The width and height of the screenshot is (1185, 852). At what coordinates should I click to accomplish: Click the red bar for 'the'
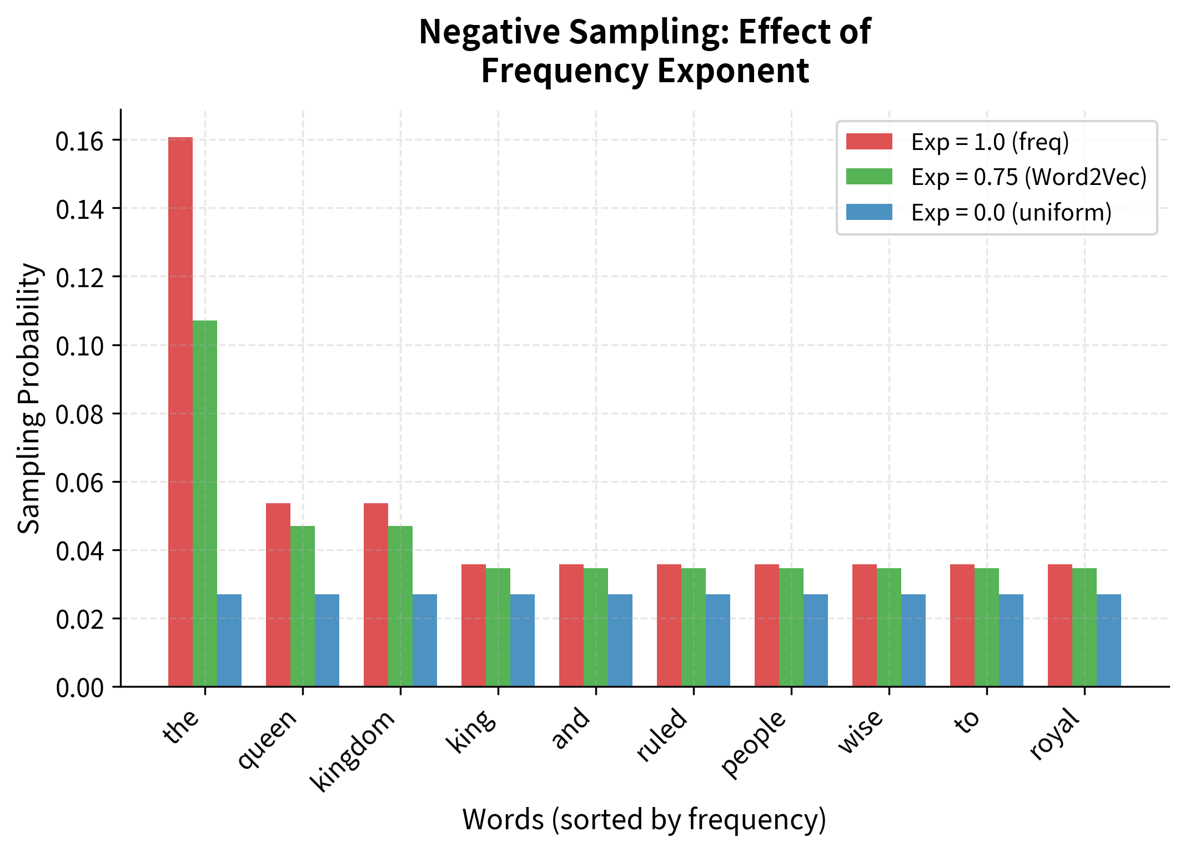click(180, 411)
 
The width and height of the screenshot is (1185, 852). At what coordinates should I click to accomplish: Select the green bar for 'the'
click(205, 503)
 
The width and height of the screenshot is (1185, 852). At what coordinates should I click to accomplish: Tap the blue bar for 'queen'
click(327, 640)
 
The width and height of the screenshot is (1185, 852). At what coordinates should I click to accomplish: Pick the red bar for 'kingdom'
click(376, 594)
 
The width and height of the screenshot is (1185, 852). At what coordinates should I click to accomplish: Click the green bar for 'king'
click(498, 627)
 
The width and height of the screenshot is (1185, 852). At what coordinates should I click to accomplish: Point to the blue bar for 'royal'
click(1109, 640)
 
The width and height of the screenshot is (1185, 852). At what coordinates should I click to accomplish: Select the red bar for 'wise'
click(865, 625)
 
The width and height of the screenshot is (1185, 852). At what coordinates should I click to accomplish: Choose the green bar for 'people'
click(791, 627)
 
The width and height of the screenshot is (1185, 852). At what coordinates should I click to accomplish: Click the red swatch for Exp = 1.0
click(869, 142)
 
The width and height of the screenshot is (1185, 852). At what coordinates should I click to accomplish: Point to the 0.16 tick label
click(79, 142)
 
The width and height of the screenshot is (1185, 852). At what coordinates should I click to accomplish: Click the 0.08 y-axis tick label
click(79, 415)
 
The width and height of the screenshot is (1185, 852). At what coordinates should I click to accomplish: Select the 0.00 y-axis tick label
click(79, 688)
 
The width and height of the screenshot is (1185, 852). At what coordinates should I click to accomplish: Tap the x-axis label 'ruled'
click(662, 734)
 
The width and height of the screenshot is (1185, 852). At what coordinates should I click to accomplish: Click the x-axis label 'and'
click(570, 728)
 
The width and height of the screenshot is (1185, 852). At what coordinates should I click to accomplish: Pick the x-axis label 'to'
click(967, 721)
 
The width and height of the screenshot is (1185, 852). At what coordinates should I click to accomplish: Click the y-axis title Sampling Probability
click(29, 398)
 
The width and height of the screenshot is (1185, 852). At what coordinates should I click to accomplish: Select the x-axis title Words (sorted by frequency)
click(644, 820)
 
